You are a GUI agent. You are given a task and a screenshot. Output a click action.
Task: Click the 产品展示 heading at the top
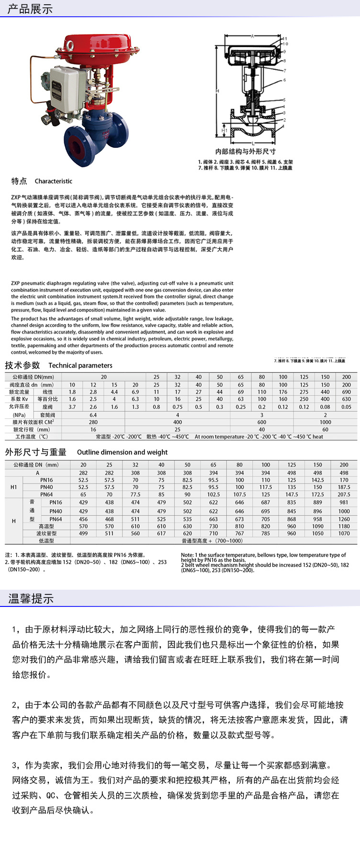click(30, 9)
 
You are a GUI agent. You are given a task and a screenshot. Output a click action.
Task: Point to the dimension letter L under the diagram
click(253, 143)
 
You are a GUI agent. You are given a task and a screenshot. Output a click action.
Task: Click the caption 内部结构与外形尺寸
click(245, 151)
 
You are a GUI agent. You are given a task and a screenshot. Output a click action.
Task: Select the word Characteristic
click(54, 181)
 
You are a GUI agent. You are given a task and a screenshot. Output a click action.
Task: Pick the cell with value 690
click(347, 392)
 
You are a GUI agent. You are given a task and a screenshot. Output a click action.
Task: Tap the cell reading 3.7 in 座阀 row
click(72, 407)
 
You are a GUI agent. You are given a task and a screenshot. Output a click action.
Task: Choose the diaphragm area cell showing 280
click(93, 422)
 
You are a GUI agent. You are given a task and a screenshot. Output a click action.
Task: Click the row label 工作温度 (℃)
click(32, 437)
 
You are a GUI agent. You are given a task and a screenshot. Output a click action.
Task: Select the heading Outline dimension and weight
click(122, 452)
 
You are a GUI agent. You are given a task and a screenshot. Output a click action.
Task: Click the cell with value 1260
click(344, 519)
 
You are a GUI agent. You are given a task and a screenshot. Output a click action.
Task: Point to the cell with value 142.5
click(318, 480)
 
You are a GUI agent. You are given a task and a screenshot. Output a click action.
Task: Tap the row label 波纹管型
click(46, 534)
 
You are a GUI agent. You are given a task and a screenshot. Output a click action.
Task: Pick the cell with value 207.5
click(344, 494)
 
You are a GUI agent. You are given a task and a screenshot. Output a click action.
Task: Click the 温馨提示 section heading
click(31, 599)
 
